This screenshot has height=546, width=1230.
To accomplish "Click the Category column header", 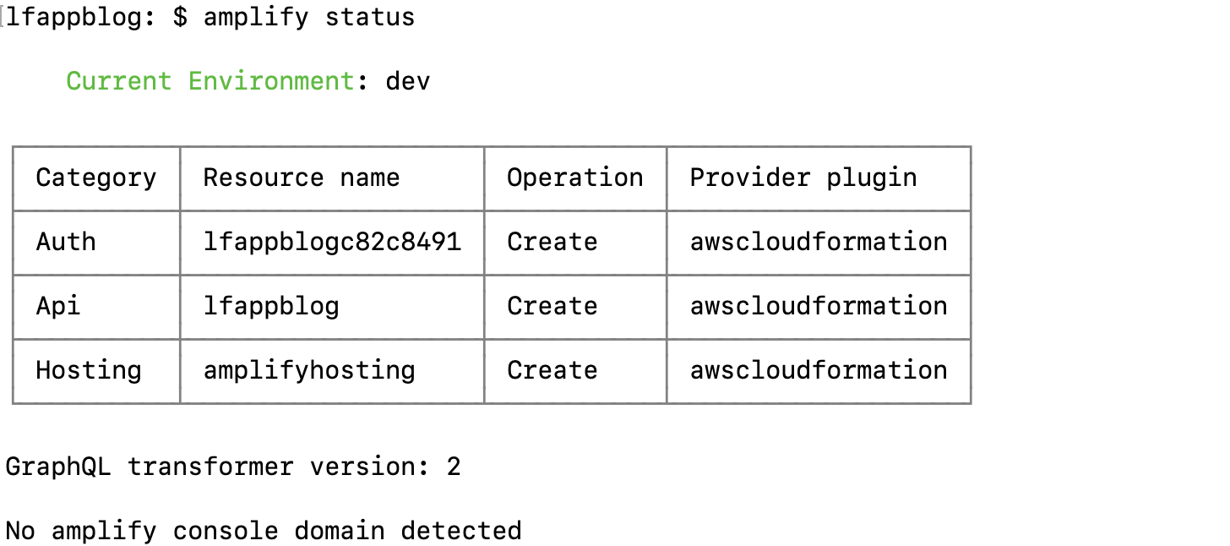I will (95, 177).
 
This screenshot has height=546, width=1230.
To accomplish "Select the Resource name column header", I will (302, 177).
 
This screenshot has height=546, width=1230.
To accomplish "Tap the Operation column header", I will (574, 177).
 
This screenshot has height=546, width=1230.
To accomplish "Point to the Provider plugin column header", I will (803, 177).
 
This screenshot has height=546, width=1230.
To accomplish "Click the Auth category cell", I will (66, 242).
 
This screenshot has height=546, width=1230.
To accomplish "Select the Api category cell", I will (58, 306).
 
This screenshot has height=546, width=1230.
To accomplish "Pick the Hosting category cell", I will (88, 370).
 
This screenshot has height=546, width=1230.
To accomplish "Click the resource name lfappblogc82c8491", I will (332, 242).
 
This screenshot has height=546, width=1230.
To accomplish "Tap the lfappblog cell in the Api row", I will (271, 306).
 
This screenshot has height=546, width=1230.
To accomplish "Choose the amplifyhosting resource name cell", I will (309, 370).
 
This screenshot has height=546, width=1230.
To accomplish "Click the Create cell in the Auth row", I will (552, 242).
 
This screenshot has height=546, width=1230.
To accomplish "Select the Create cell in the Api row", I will (552, 306).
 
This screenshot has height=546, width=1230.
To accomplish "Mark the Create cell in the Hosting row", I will (552, 370).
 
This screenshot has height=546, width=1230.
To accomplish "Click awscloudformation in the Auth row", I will (818, 242).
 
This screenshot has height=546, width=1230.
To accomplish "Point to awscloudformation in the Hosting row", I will (818, 370).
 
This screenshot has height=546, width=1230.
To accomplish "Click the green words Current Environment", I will (210, 81).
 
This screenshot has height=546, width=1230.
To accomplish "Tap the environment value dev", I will (408, 81).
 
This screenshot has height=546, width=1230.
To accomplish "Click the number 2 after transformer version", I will (454, 467).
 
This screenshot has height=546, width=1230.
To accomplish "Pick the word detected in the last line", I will (461, 531).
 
